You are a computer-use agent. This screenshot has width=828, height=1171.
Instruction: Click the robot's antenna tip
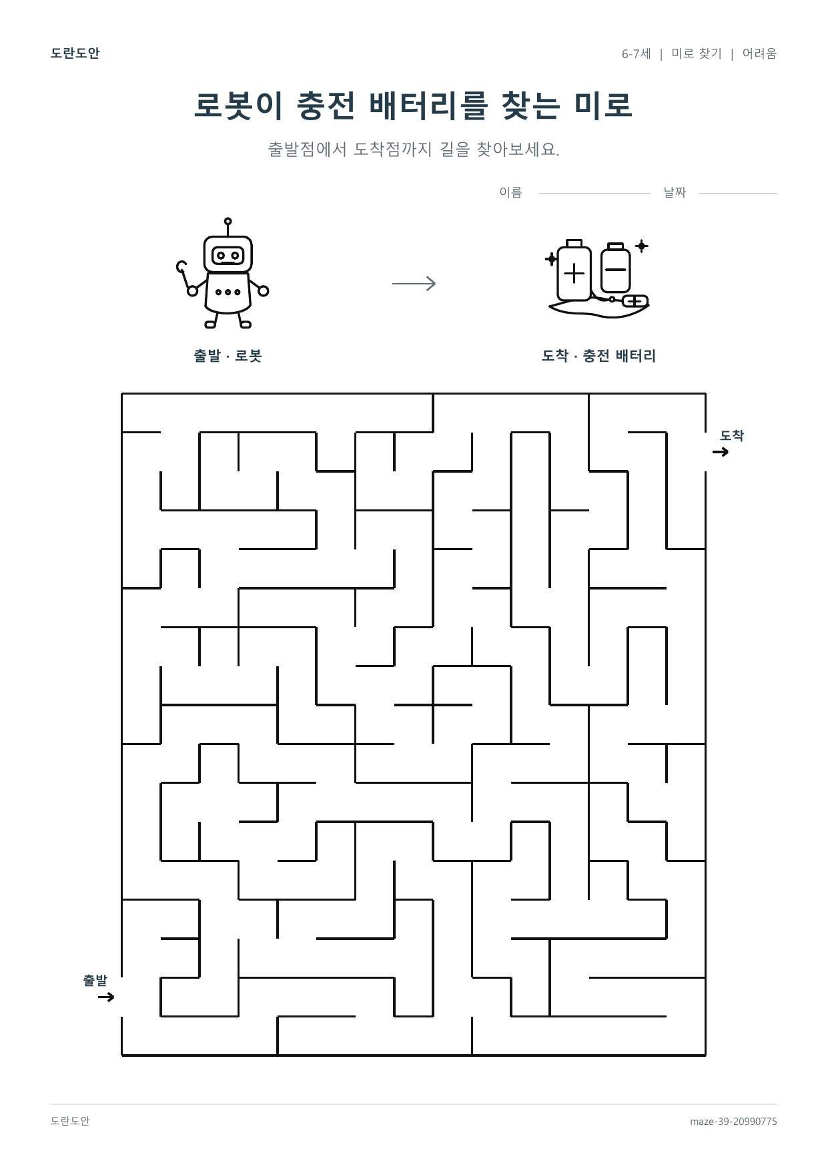228,221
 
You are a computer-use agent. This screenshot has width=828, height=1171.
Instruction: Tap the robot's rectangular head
228,254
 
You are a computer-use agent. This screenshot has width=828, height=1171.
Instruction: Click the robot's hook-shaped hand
181,267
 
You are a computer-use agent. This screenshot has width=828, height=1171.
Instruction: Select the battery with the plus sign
574,270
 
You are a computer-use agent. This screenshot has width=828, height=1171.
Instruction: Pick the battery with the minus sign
615,268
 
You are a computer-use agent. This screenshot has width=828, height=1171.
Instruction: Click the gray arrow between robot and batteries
414,284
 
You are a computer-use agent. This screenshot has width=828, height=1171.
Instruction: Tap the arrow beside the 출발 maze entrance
106,997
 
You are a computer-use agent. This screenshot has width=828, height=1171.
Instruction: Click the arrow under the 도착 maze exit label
721,452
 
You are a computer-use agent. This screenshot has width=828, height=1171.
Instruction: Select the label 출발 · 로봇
228,356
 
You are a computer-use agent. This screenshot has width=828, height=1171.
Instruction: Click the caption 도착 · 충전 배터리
598,356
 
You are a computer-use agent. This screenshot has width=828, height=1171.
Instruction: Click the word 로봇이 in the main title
238,105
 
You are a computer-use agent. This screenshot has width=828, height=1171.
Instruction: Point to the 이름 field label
510,192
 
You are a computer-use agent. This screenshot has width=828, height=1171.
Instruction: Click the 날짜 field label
675,192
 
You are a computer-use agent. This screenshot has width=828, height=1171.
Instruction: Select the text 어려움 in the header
759,53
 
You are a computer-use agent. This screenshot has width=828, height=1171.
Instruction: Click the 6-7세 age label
636,53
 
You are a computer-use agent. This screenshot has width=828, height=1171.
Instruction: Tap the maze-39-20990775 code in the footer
733,1122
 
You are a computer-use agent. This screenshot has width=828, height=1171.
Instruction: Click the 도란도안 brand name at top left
75,53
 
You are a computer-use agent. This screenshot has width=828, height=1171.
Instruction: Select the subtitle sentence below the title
414,149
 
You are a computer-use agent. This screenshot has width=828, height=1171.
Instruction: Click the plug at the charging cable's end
635,301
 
